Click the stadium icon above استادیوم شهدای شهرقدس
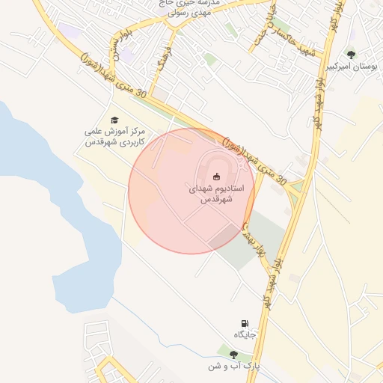pyautogui.click(x=216, y=177)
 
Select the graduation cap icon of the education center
pyautogui.click(x=115, y=120)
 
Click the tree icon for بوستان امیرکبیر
pyautogui.click(x=352, y=54)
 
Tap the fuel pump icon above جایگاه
pyautogui.click(x=244, y=323)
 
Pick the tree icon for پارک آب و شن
pyautogui.click(x=233, y=355)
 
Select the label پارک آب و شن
pyautogui.click(x=234, y=367)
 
